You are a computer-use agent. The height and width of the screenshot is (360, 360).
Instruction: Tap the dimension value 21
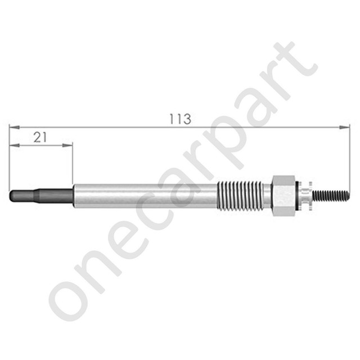tap(39, 137)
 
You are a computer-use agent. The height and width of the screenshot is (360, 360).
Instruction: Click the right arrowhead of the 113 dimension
tap(345, 127)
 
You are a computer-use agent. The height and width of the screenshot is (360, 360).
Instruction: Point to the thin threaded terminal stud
tap(332, 195)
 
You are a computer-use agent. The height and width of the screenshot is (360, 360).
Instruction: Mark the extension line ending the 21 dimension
tap(73, 166)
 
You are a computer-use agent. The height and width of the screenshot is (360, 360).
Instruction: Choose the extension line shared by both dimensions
tap(10, 163)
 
